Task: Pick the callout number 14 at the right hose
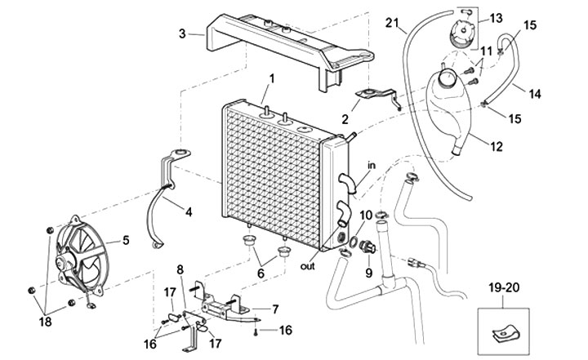click(558, 94)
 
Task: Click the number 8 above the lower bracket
click(180, 269)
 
